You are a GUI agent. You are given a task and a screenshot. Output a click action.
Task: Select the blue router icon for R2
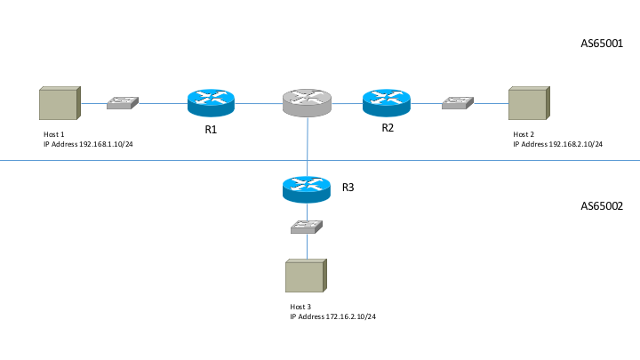click(x=387, y=103)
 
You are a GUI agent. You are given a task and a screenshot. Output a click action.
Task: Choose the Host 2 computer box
click(x=528, y=103)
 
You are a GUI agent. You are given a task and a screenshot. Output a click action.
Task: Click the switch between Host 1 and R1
click(x=122, y=103)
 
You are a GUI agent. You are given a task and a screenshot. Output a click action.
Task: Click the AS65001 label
click(x=602, y=43)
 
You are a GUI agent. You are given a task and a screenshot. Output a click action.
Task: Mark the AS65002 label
click(x=602, y=205)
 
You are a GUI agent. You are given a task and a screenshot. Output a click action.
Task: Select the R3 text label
click(x=349, y=188)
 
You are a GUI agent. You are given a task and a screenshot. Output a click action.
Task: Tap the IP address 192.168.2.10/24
click(x=563, y=143)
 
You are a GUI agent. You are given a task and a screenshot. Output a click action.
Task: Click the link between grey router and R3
click(x=308, y=147)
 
